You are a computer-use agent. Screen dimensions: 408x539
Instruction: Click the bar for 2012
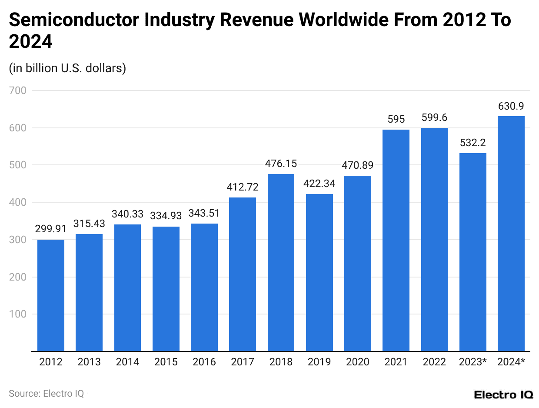51,295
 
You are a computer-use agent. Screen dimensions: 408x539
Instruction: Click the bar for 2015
166,289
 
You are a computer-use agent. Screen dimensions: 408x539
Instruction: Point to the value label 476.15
281,164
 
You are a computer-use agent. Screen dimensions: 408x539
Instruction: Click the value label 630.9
511,106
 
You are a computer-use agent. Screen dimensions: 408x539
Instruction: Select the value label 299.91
51,229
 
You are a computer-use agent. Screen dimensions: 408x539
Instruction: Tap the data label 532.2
472,143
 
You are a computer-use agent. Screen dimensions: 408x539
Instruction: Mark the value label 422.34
319,184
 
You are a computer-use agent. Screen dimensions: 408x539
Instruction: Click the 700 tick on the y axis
18,90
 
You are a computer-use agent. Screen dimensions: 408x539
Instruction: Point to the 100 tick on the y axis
18,314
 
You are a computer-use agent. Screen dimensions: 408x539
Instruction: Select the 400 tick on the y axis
18,202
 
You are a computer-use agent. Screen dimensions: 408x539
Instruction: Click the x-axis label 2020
358,362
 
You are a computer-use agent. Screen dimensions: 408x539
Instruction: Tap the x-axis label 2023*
472,362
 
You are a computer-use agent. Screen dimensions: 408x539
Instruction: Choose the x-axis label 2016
204,362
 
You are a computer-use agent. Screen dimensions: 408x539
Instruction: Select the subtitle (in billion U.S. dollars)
67,68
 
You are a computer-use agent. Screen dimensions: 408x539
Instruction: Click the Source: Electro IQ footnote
47,393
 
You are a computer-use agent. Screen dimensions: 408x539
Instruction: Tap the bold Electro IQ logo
503,395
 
